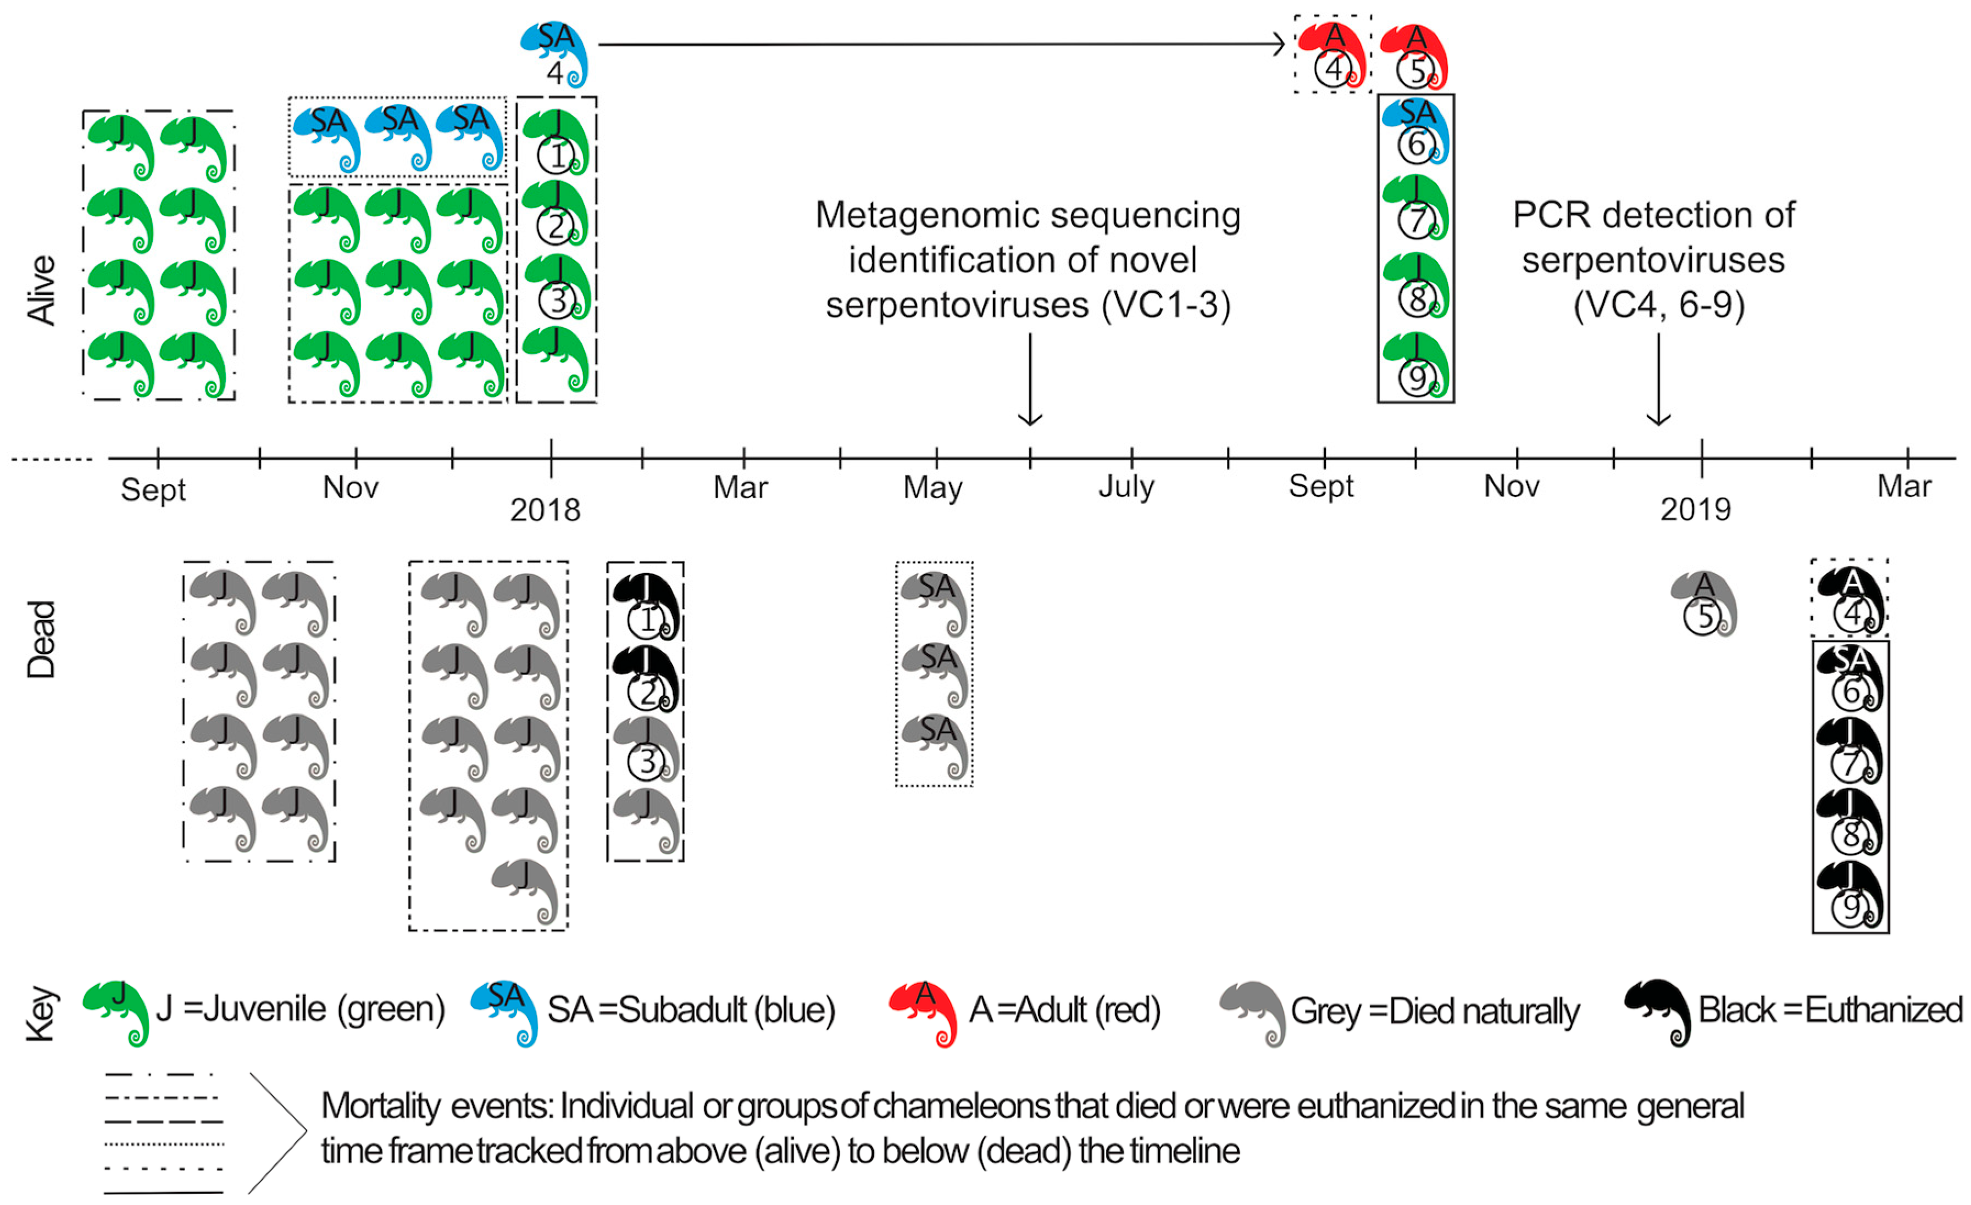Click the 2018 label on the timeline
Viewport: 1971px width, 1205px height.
545,509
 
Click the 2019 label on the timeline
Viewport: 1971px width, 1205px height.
1695,509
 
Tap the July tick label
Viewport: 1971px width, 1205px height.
1126,486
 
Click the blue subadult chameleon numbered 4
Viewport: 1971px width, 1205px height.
555,54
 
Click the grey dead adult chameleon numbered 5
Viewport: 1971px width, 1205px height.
1704,603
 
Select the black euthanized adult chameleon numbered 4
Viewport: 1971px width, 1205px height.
1850,600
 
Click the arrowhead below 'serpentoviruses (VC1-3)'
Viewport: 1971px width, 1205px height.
1030,417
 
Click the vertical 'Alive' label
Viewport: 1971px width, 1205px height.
42,289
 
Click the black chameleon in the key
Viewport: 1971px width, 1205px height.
1658,1011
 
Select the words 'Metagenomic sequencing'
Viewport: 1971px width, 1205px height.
1028,216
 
